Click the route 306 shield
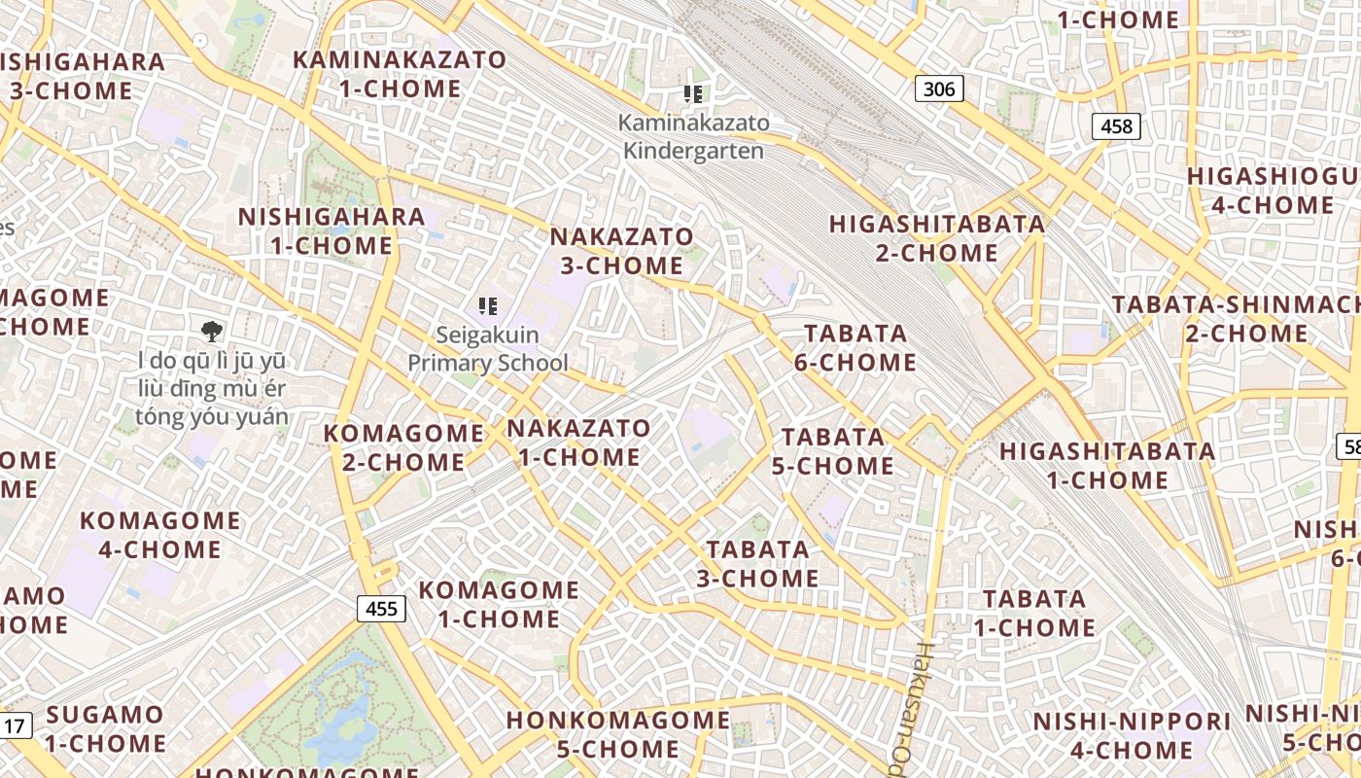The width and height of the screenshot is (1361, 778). click(x=939, y=89)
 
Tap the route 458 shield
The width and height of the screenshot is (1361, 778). click(x=1116, y=125)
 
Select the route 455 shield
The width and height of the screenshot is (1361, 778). click(x=381, y=609)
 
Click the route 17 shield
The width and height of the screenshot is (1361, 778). click(x=15, y=725)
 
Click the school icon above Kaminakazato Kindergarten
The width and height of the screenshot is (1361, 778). click(x=692, y=94)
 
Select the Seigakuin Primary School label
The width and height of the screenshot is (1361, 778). click(x=488, y=349)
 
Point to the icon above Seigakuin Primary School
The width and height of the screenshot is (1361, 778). click(x=488, y=306)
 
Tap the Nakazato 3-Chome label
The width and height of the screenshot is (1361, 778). click(x=622, y=251)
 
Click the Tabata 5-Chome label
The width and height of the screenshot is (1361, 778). click(x=833, y=451)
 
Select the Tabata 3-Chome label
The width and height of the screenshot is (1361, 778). click(x=757, y=564)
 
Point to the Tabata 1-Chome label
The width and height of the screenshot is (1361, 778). click(x=1034, y=613)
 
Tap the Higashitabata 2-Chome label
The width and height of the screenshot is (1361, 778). click(x=937, y=238)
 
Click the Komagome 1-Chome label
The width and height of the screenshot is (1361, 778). click(x=499, y=604)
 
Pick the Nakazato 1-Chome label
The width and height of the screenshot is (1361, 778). click(x=579, y=442)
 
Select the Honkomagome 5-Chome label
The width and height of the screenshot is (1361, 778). click(x=618, y=734)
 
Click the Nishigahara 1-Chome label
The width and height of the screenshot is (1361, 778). click(x=332, y=230)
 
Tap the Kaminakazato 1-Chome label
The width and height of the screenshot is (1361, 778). click(x=401, y=74)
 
